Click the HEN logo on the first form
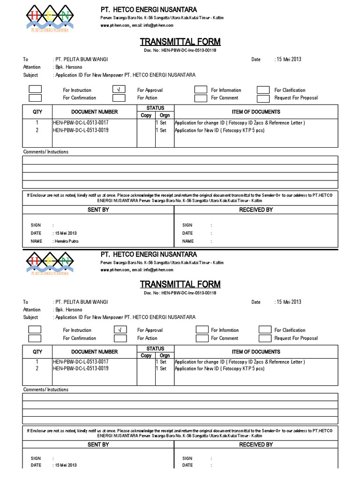[x=49, y=18]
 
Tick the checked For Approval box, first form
[x=119, y=90]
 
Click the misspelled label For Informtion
[x=225, y=330]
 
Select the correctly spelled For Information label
[x=226, y=90]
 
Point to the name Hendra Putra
[x=67, y=241]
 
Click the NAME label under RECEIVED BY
[x=188, y=241]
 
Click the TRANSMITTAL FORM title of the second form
[x=180, y=285]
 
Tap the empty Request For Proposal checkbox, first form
[x=263, y=98]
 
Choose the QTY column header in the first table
[x=37, y=112]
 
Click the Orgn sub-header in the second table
[x=165, y=355]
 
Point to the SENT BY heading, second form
[x=98, y=444]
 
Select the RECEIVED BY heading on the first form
[x=255, y=210]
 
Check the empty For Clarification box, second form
[x=264, y=330]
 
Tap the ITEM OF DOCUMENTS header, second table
[x=256, y=352]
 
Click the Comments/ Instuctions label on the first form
[x=46, y=152]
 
